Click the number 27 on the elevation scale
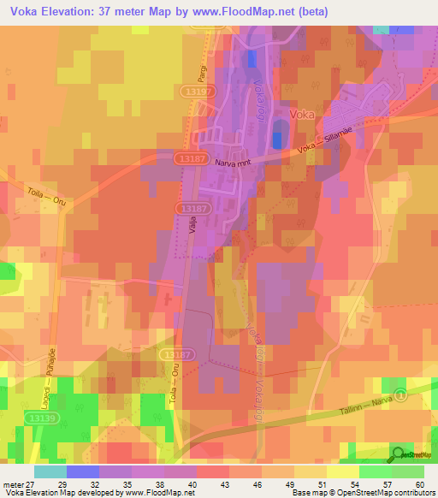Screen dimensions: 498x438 33,483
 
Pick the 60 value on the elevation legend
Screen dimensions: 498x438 418,483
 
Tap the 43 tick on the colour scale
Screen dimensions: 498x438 202,483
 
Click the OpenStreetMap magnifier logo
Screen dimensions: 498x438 397,454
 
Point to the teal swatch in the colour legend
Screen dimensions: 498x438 50,471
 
